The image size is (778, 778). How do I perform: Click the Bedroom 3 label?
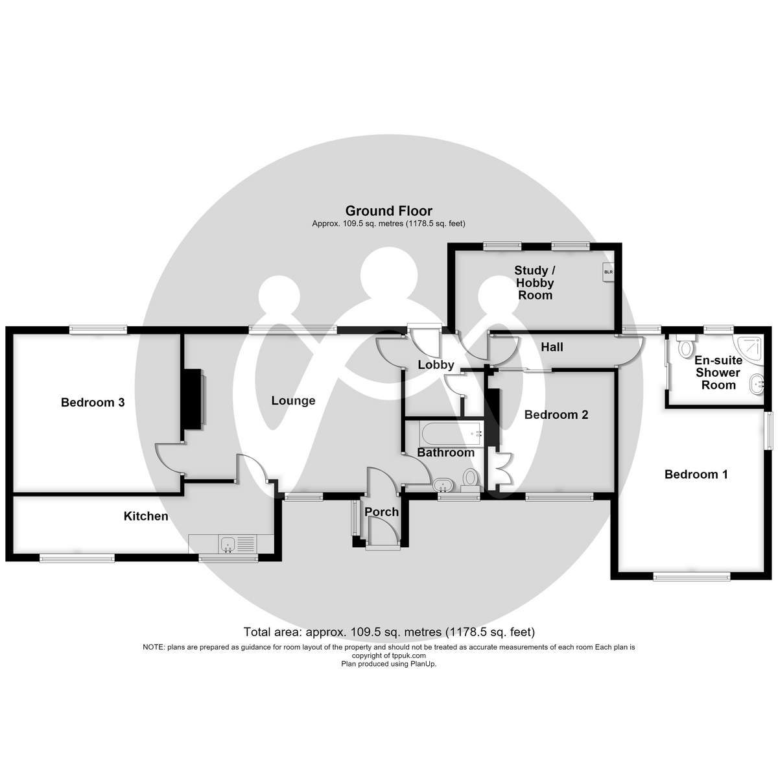(93, 402)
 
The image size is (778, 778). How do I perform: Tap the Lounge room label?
(293, 401)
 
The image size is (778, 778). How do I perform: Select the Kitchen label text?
(146, 516)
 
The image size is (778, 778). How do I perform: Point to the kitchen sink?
(228, 544)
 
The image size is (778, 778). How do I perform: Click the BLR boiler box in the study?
(608, 272)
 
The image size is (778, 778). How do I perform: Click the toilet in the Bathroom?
(469, 480)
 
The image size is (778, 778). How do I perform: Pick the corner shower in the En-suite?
(750, 348)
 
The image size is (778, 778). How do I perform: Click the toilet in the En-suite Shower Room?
(685, 346)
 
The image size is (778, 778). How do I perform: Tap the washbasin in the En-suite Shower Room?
(757, 384)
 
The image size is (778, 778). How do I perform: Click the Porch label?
(381, 512)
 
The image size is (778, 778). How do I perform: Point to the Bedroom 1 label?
(696, 474)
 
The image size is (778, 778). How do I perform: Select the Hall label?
(552, 347)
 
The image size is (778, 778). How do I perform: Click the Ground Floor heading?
(389, 211)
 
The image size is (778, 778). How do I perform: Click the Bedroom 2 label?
(556, 415)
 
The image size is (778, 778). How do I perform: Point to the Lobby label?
(436, 364)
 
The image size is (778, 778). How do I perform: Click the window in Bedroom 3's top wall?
(98, 329)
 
